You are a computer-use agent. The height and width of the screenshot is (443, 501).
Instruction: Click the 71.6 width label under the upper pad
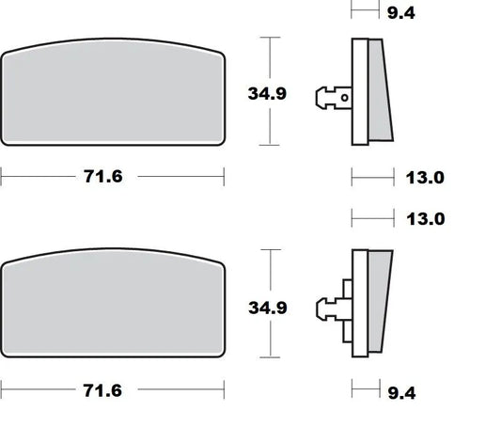(x=102, y=177)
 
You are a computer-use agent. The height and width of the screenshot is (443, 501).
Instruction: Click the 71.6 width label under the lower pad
(x=102, y=390)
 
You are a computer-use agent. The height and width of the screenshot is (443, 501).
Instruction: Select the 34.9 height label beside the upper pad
(x=267, y=94)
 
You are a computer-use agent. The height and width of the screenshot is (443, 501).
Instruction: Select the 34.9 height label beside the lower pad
(x=268, y=308)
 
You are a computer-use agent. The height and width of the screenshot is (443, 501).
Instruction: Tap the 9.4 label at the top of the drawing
(x=401, y=13)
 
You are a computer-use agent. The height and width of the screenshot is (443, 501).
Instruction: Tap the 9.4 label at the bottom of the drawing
(x=401, y=393)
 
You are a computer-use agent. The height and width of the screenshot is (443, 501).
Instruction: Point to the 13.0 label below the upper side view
(x=425, y=178)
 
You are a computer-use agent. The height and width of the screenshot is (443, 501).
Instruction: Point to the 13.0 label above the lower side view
(x=426, y=219)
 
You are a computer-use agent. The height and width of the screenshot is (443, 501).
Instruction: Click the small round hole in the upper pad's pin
(x=344, y=98)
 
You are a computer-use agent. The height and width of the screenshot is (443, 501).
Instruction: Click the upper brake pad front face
(x=113, y=92)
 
